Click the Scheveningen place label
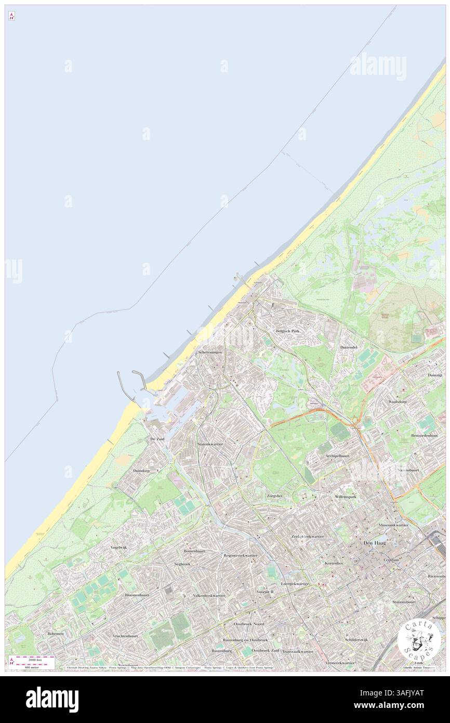[210, 353]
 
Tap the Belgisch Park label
[288, 330]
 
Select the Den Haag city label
[374, 544]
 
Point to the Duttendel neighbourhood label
[348, 347]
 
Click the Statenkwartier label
[210, 444]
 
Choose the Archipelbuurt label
[337, 456]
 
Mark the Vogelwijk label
[118, 548]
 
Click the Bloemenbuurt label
[137, 595]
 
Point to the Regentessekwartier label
[240, 556]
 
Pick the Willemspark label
[346, 497]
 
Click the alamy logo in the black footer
[52, 700]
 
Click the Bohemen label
[56, 634]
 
